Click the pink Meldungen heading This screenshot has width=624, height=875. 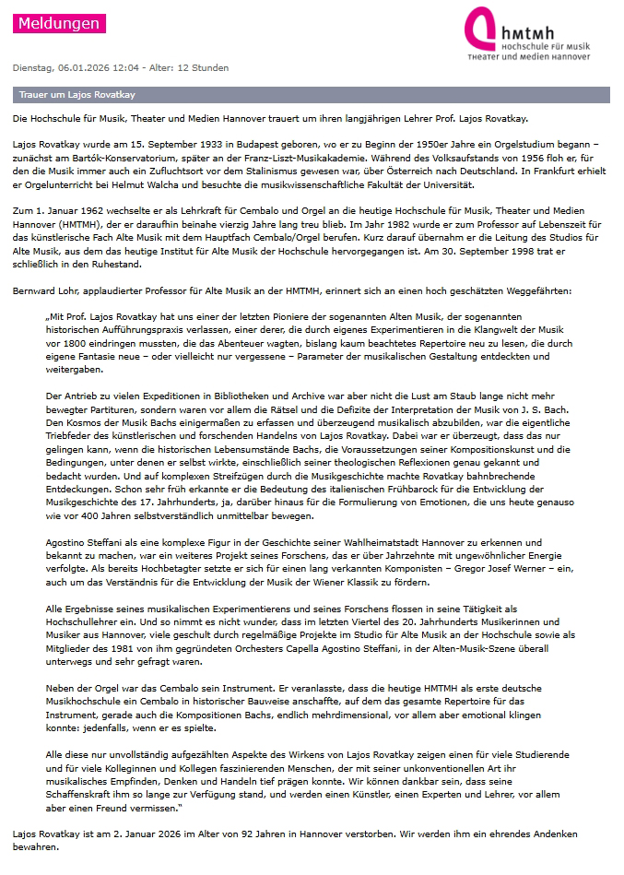(57, 23)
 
